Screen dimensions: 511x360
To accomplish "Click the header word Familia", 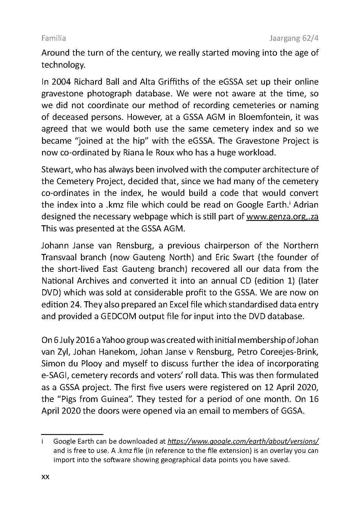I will (53, 38).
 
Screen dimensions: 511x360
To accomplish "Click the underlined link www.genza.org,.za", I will (282, 216).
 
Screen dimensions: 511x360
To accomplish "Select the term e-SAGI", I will (54, 375).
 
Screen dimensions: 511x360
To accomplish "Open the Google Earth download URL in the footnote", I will (243, 441).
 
